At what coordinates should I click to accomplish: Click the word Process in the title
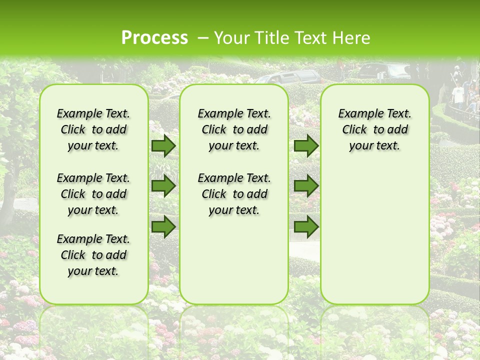click(x=154, y=38)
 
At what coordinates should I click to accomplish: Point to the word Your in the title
click(x=231, y=38)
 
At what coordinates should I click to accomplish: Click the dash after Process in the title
click(x=202, y=38)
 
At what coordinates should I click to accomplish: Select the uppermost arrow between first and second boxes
click(x=163, y=145)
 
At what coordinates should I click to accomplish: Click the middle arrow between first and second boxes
click(x=163, y=186)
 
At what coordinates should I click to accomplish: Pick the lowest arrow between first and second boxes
click(x=163, y=226)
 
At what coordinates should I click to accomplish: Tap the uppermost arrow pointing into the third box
click(x=306, y=145)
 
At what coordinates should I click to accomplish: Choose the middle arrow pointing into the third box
click(x=306, y=186)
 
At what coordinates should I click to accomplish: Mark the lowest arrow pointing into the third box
click(x=306, y=226)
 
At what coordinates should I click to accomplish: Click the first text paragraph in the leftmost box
click(x=93, y=129)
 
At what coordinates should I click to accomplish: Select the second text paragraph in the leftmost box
click(x=93, y=194)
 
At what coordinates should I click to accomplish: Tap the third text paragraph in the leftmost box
click(x=93, y=255)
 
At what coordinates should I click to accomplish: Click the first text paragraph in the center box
click(x=234, y=129)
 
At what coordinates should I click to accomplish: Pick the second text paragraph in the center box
click(x=234, y=194)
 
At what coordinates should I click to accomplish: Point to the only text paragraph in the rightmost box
click(x=374, y=129)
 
